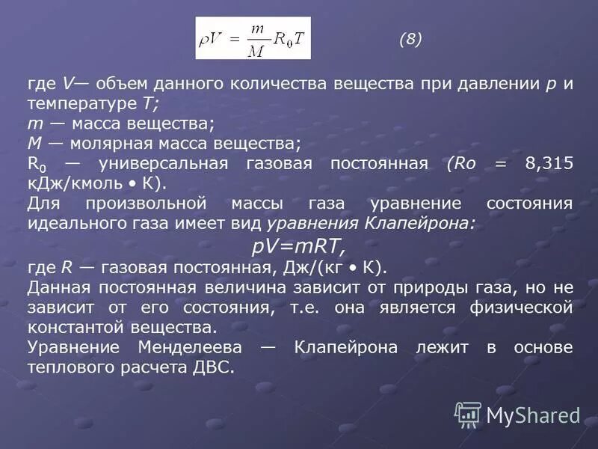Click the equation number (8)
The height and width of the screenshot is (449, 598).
click(410, 40)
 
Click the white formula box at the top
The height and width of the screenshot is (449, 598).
click(253, 38)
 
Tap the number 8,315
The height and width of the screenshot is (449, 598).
click(549, 164)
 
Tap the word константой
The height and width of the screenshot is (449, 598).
click(78, 327)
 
